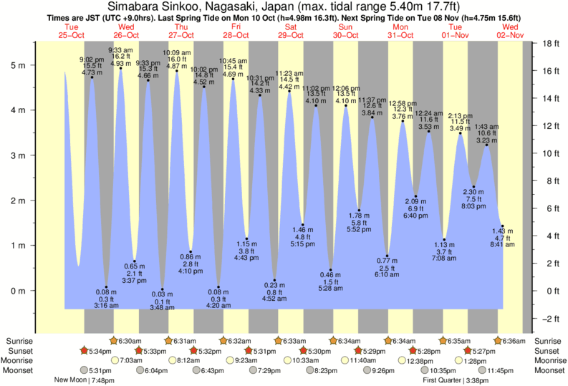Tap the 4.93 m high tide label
120,63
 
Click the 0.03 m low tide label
163,299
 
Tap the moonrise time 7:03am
131,360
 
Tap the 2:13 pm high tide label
461,116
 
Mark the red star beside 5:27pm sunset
468,351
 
